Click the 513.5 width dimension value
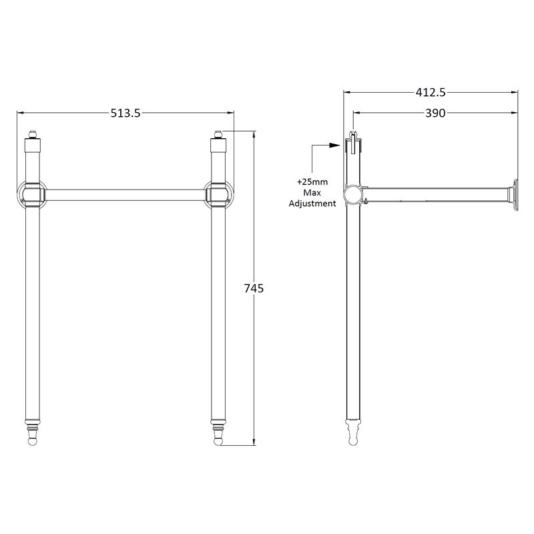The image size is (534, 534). (125, 113)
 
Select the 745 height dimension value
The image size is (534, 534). (254, 288)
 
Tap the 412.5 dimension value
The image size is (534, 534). (431, 92)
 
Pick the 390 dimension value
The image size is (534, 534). (435, 113)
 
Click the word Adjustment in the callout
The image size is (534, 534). (312, 204)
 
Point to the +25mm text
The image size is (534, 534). (312, 182)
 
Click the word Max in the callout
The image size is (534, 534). (312, 193)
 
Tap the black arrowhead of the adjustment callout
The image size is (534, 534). (335, 145)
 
